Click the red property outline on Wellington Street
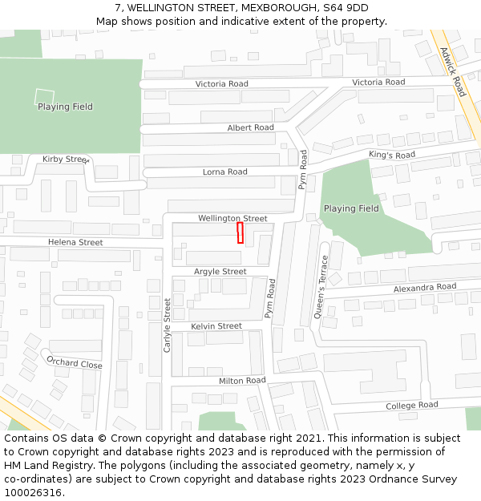tap(240, 232)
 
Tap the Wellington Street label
tap(232, 218)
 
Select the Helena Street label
tap(75, 242)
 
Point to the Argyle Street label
tap(220, 272)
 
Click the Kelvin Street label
tap(216, 326)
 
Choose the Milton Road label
tap(241, 380)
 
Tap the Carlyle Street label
tap(168, 325)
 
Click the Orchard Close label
tap(75, 363)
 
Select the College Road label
tap(411, 406)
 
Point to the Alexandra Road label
tap(424, 287)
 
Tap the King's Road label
tap(392, 155)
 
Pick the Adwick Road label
tap(453, 71)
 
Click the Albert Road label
tap(250, 127)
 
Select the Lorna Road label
tap(224, 172)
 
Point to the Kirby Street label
tap(64, 160)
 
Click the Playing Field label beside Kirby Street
tap(65, 107)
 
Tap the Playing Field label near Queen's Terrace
tap(351, 208)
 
